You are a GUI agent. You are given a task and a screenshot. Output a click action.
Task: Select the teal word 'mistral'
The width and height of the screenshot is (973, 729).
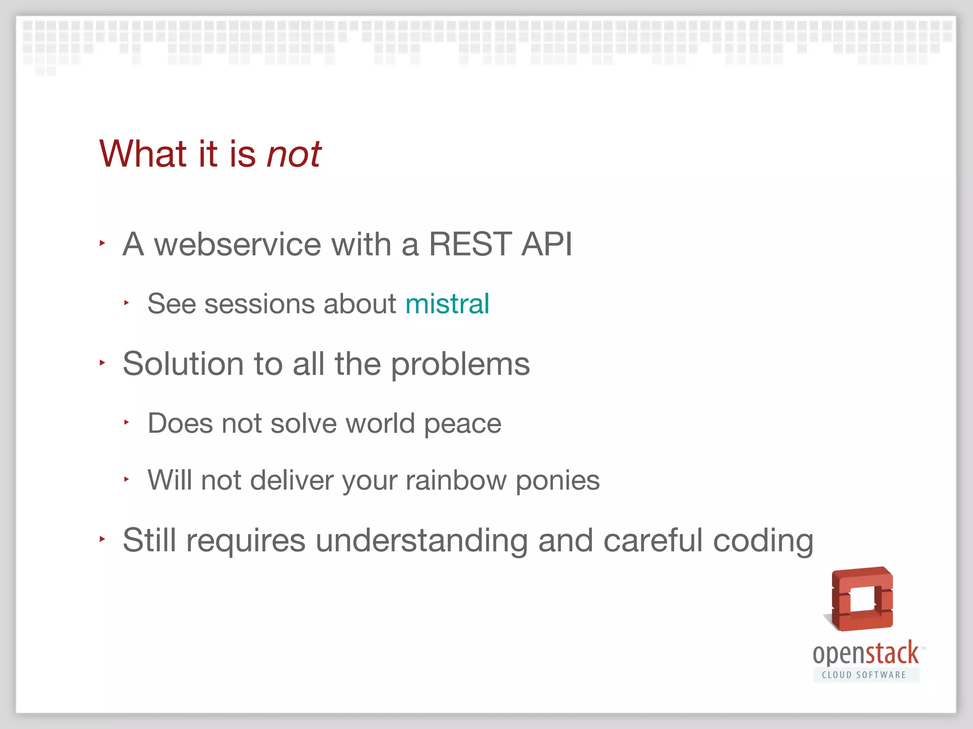447,304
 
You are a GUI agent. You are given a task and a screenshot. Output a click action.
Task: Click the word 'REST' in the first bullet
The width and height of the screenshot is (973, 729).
470,244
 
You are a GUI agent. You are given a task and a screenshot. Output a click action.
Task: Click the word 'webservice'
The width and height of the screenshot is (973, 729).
238,244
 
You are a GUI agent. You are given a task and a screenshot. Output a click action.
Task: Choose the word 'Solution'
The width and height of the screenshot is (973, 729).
183,364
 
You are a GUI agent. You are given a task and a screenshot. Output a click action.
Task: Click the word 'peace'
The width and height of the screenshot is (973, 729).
462,424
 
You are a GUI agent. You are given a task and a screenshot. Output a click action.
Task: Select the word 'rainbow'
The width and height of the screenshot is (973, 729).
456,480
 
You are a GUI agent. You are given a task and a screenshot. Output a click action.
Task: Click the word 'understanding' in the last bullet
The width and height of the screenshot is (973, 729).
421,541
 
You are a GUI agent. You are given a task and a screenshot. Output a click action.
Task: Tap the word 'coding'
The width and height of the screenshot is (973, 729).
763,542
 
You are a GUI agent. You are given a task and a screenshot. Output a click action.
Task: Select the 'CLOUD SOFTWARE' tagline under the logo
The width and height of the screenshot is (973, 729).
864,675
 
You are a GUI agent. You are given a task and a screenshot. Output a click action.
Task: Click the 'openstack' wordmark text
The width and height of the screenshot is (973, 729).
866,654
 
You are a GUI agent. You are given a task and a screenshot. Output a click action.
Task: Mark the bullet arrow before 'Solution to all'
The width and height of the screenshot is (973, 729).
102,363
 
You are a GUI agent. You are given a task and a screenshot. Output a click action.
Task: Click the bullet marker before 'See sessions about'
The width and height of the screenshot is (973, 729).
126,303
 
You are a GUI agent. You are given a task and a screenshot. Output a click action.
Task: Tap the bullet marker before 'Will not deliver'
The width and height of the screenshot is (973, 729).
126,479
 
